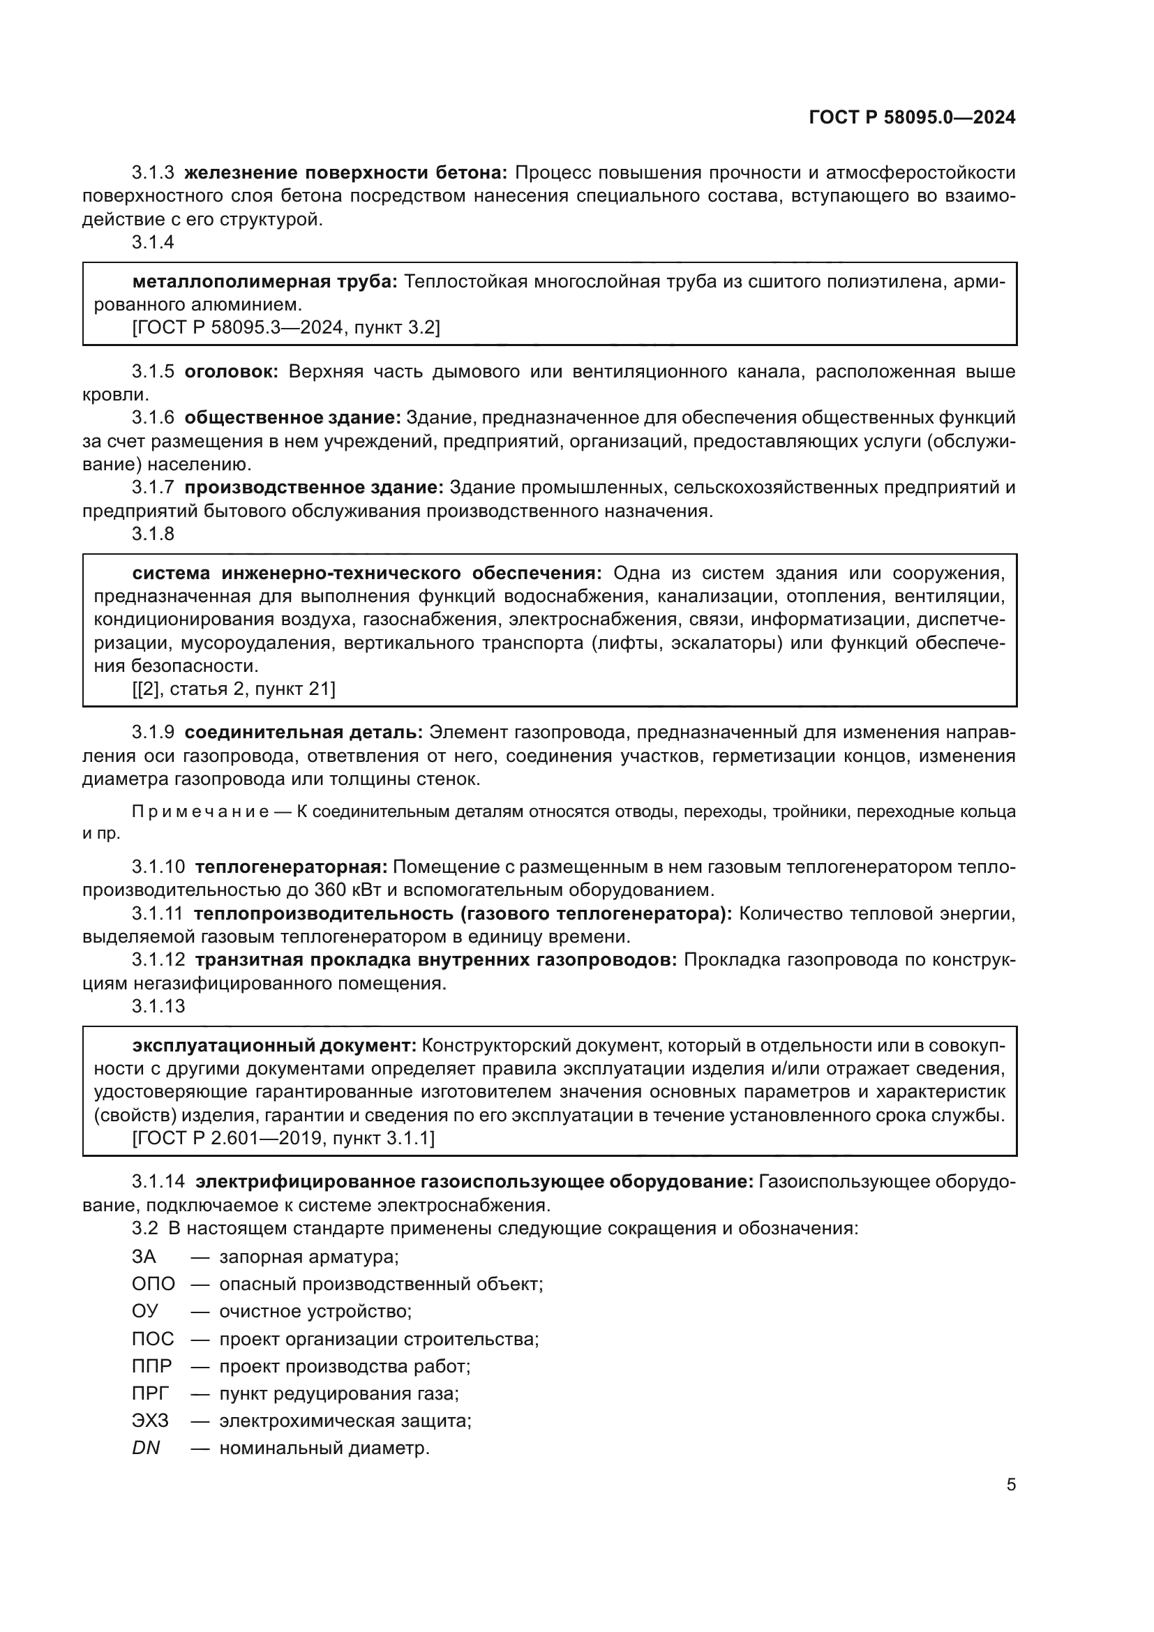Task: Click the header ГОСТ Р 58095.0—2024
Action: (x=912, y=118)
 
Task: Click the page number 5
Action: (x=1010, y=1484)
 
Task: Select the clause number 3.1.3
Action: (x=153, y=173)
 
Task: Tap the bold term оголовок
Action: (x=231, y=372)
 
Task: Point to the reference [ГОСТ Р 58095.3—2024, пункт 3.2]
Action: (x=285, y=328)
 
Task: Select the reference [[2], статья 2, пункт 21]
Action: (x=234, y=689)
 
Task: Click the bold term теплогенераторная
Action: (x=291, y=867)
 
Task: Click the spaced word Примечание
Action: (x=200, y=811)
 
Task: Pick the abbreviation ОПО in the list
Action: (x=153, y=1284)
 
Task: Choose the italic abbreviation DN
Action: (x=146, y=1447)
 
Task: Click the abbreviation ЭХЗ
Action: (x=150, y=1420)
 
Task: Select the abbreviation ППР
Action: (x=151, y=1365)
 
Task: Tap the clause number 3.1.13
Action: (x=158, y=1007)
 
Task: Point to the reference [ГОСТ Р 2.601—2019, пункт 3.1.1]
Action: (x=283, y=1138)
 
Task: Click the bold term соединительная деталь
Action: (x=304, y=732)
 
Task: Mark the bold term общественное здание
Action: (x=292, y=418)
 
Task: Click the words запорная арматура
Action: (x=308, y=1257)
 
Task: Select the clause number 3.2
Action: (x=144, y=1228)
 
